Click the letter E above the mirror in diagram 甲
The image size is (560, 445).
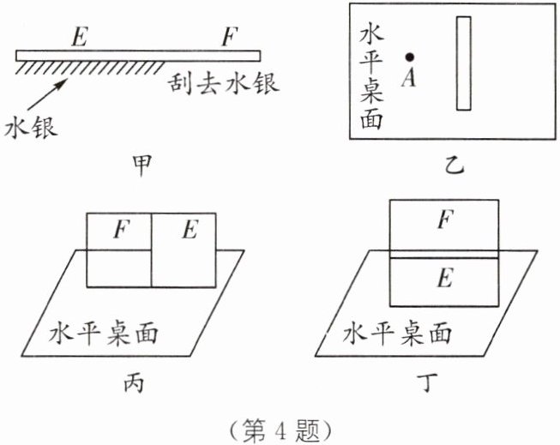point(79,37)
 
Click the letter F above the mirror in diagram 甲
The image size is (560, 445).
point(229,37)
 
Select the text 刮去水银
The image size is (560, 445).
point(224,83)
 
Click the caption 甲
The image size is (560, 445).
point(142,165)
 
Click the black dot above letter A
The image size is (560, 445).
point(410,57)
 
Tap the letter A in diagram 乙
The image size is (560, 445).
point(408,77)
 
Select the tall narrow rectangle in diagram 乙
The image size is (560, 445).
point(464,63)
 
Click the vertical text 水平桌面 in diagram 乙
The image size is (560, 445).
point(371,77)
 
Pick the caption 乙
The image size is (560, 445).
point(455,165)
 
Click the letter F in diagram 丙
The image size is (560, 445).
point(122,229)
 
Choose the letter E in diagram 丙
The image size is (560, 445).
point(190,229)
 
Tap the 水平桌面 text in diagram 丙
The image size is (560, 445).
point(103,334)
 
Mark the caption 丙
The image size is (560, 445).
point(134,383)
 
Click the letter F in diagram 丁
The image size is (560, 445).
point(446,219)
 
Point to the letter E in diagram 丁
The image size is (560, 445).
point(445,278)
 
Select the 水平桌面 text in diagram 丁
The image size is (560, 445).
point(397,334)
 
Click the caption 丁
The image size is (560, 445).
point(428,383)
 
